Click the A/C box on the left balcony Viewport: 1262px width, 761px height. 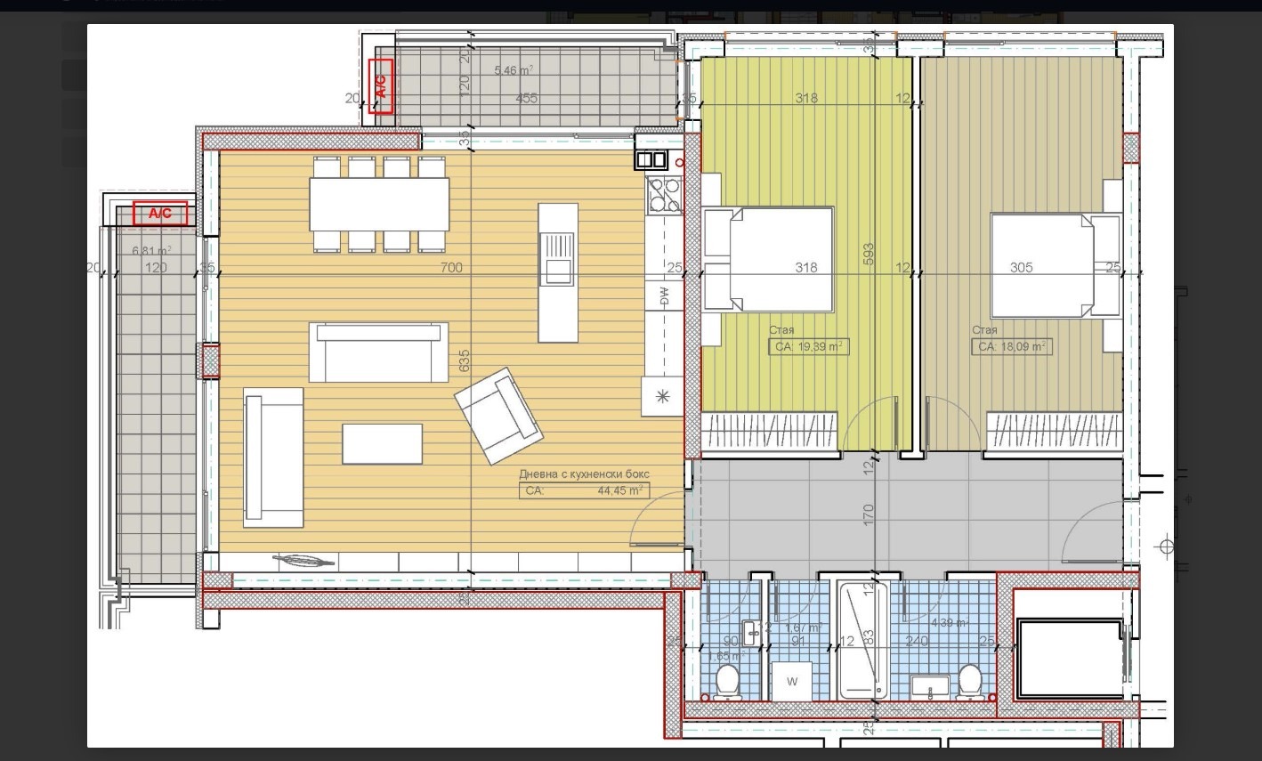pyautogui.click(x=160, y=214)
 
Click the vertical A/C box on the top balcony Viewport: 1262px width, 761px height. pyautogui.click(x=382, y=86)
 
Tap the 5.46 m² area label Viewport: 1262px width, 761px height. pyautogui.click(x=514, y=70)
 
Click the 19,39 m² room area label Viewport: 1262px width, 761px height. pyautogui.click(x=808, y=346)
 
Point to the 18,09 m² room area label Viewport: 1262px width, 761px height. pyautogui.click(x=1011, y=346)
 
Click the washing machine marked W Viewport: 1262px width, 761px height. pyautogui.click(x=792, y=682)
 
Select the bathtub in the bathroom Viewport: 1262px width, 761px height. pyautogui.click(x=862, y=639)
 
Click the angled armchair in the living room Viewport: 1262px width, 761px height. pyautogui.click(x=498, y=415)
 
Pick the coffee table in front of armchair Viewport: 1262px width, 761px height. pyautogui.click(x=382, y=443)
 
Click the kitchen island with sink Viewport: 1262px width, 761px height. pyautogui.click(x=557, y=271)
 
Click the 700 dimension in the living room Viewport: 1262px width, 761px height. pyautogui.click(x=451, y=267)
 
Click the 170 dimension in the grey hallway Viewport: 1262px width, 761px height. pyautogui.click(x=869, y=514)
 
